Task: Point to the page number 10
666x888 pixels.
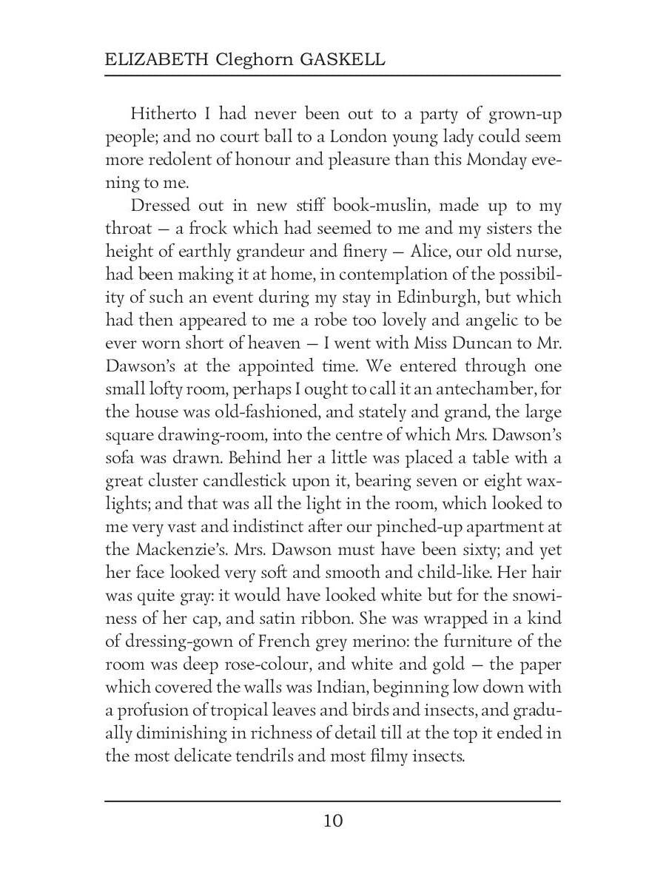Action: point(333,820)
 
